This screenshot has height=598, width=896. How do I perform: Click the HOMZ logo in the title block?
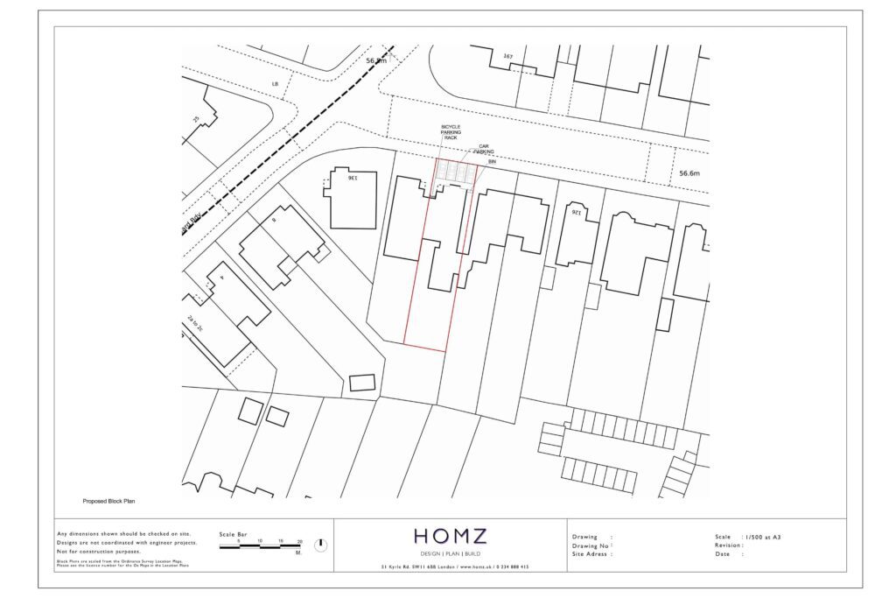[x=450, y=536]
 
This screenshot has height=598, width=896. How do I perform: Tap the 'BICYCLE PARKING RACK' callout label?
[x=451, y=132]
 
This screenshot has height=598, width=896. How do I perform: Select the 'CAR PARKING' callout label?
[x=484, y=151]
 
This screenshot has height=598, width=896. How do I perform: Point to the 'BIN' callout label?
[x=492, y=162]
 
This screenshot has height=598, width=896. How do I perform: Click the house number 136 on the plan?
[x=351, y=178]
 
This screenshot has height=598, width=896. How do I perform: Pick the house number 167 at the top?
[x=507, y=57]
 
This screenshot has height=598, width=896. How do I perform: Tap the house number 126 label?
[x=575, y=212]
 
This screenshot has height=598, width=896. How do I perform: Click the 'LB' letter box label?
[x=275, y=84]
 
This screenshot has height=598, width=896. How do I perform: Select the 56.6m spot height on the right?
[x=690, y=174]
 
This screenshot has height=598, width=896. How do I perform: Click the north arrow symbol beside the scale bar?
[x=320, y=545]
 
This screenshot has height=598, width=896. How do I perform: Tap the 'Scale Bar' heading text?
[x=233, y=533]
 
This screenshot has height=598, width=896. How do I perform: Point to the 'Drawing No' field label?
[x=591, y=545]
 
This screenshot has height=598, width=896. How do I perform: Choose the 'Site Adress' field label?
[x=591, y=553]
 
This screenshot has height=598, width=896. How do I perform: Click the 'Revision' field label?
[x=730, y=545]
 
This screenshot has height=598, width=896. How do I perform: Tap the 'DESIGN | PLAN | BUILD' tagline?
[x=450, y=553]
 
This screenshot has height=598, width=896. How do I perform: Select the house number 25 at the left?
[x=196, y=119]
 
